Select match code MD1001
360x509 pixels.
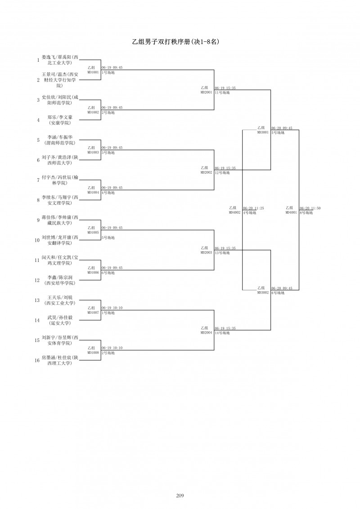tap(93, 72)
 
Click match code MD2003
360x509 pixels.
tap(206, 252)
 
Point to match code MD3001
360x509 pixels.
tap(263, 132)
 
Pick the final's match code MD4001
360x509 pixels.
tap(291, 212)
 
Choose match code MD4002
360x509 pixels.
tap(234, 212)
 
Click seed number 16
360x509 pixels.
tap(37, 360)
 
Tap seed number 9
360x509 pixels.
tap(38, 220)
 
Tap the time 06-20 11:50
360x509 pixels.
tap(310, 208)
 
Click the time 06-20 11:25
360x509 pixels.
tap(253, 208)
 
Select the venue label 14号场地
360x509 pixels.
tap(222, 333)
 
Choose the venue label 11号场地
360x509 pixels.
tap(222, 92)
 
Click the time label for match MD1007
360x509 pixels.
tap(112, 308)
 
